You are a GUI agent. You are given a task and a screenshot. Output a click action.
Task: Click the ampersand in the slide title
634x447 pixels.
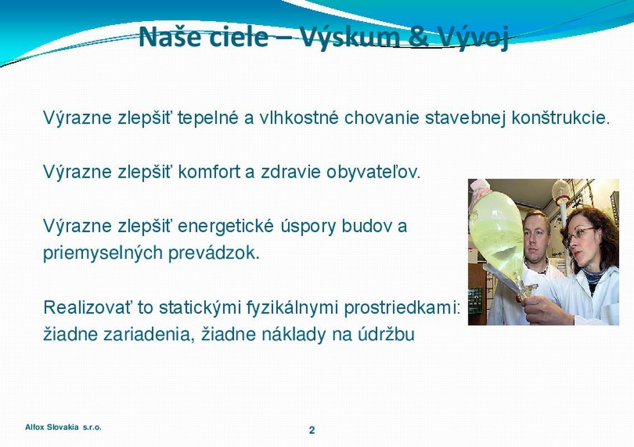tap(421, 36)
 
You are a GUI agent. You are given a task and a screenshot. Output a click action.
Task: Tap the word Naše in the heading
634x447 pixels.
tap(170, 36)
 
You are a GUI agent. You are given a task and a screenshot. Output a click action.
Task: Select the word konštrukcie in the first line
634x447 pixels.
tap(560, 118)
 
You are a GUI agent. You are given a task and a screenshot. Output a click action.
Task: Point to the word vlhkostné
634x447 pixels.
tap(299, 117)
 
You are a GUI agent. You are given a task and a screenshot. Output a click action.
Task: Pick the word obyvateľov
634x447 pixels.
tap(373, 172)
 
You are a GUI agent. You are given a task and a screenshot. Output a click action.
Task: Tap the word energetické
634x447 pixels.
tap(225, 226)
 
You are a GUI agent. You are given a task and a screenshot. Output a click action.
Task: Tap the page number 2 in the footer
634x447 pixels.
tap(312, 430)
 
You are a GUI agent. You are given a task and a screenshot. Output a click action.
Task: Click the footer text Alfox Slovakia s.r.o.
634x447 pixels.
tap(64, 427)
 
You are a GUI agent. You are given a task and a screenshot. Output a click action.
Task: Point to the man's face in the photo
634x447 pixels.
tap(536, 238)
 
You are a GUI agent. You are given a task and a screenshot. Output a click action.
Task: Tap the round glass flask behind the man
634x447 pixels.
tap(560, 189)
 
